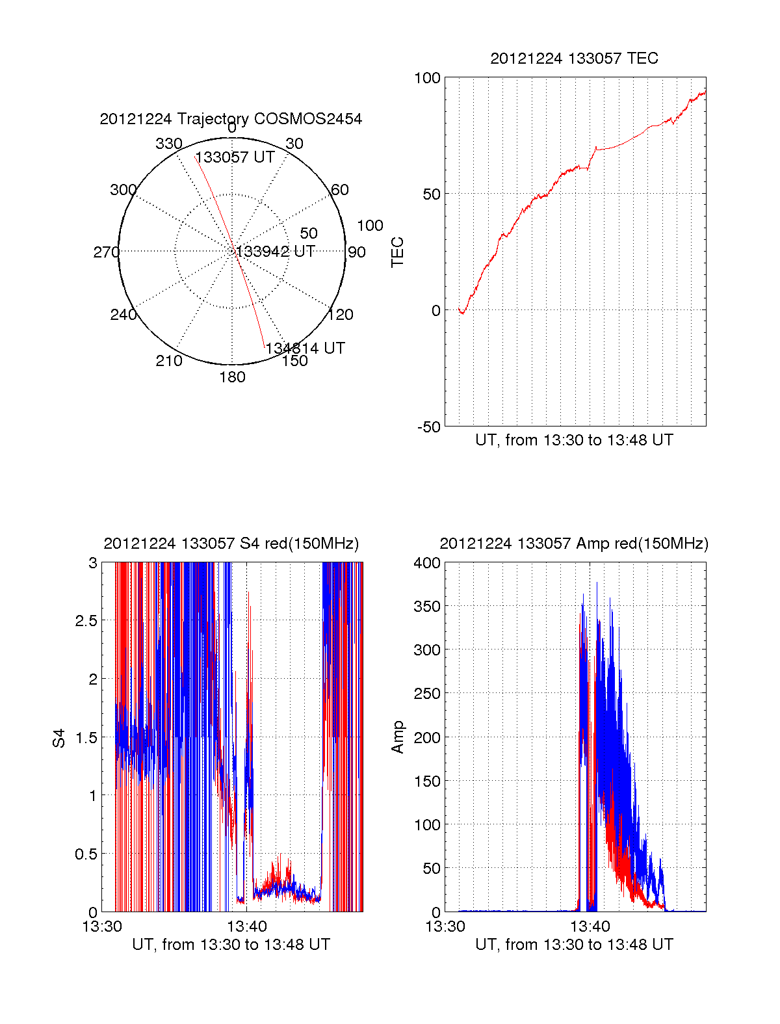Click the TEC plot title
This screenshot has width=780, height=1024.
pos(574,59)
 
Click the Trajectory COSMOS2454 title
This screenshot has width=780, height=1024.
pos(231,119)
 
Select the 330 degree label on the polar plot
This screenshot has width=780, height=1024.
pos(168,144)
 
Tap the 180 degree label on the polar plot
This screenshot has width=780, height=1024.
pos(232,377)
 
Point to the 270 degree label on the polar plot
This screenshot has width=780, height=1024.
pos(106,252)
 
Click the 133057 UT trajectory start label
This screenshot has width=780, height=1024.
pos(235,157)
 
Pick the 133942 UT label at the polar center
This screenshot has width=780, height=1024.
pos(276,252)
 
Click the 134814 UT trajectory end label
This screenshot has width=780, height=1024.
pos(305,348)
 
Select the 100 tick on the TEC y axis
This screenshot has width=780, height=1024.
pos(427,78)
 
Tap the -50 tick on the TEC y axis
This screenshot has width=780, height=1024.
pos(429,427)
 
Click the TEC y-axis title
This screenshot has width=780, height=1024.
pos(398,252)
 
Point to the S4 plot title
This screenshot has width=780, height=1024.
pos(231,544)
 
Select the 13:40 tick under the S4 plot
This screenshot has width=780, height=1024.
pos(246,926)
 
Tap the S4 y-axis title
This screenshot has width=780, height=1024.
pos(59,738)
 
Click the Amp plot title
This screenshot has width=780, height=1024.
pos(574,544)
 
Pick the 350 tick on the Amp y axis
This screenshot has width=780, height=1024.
pos(427,607)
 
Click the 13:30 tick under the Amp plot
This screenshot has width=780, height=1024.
pos(445,926)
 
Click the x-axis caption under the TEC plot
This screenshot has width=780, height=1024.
pos(574,440)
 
